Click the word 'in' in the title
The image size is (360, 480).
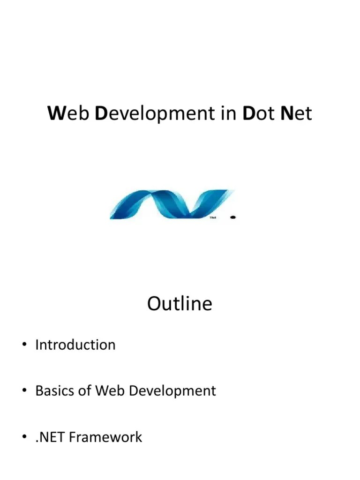click(x=229, y=114)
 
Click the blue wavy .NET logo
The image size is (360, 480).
click(x=171, y=204)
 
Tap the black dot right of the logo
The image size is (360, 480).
click(x=233, y=217)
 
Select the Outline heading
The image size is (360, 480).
click(x=180, y=304)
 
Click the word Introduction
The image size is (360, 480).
click(x=75, y=345)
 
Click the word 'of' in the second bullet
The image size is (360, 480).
click(x=85, y=391)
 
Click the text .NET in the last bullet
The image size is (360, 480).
click(x=50, y=437)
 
